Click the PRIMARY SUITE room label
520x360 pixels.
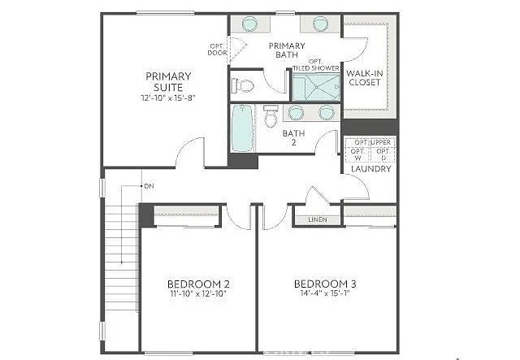(x=167, y=82)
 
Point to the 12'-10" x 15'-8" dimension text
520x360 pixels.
(x=167, y=98)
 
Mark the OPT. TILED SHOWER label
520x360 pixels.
(x=314, y=65)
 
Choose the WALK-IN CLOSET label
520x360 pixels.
(x=365, y=78)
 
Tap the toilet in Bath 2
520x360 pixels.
(x=271, y=119)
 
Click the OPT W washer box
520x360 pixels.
(x=358, y=154)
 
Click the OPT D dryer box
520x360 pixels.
(x=383, y=154)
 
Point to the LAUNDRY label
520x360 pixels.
(x=371, y=169)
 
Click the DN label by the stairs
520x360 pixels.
(x=148, y=187)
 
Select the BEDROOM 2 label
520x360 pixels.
(x=198, y=284)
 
